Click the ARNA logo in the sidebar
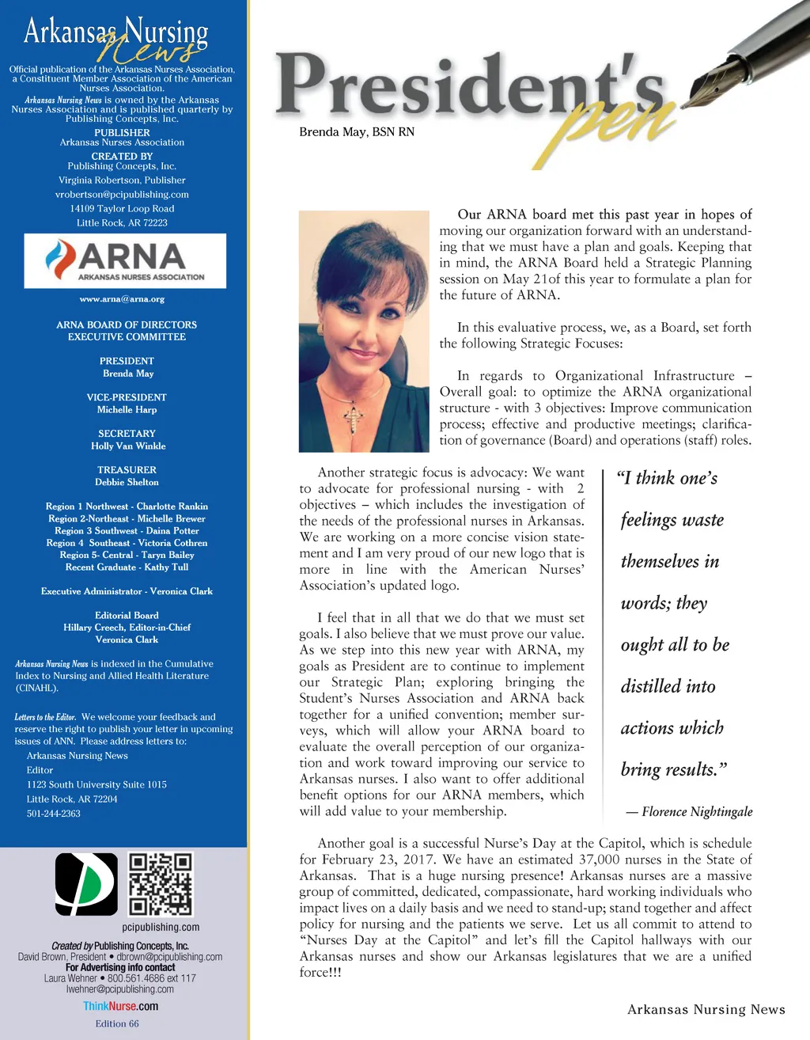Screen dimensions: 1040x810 pyautogui.click(x=125, y=260)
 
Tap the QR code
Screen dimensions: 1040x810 pyautogui.click(x=161, y=884)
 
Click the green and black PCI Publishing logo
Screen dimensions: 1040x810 pyautogui.click(x=86, y=884)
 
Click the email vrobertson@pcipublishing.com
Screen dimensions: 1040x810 pyautogui.click(x=122, y=195)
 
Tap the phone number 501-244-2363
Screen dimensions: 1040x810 pyautogui.click(x=54, y=814)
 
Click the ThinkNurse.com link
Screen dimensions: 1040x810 pyautogui.click(x=120, y=1007)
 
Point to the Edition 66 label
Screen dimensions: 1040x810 pyautogui.click(x=117, y=1024)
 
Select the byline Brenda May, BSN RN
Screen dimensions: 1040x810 pyautogui.click(x=357, y=132)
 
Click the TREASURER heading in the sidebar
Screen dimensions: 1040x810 pyautogui.click(x=127, y=470)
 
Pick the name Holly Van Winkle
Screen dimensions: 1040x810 pyautogui.click(x=128, y=446)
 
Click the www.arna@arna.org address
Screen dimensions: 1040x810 pyautogui.click(x=122, y=299)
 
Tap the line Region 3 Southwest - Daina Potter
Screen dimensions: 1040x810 pyautogui.click(x=127, y=531)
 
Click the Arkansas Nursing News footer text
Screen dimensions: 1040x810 pyautogui.click(x=706, y=1010)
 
